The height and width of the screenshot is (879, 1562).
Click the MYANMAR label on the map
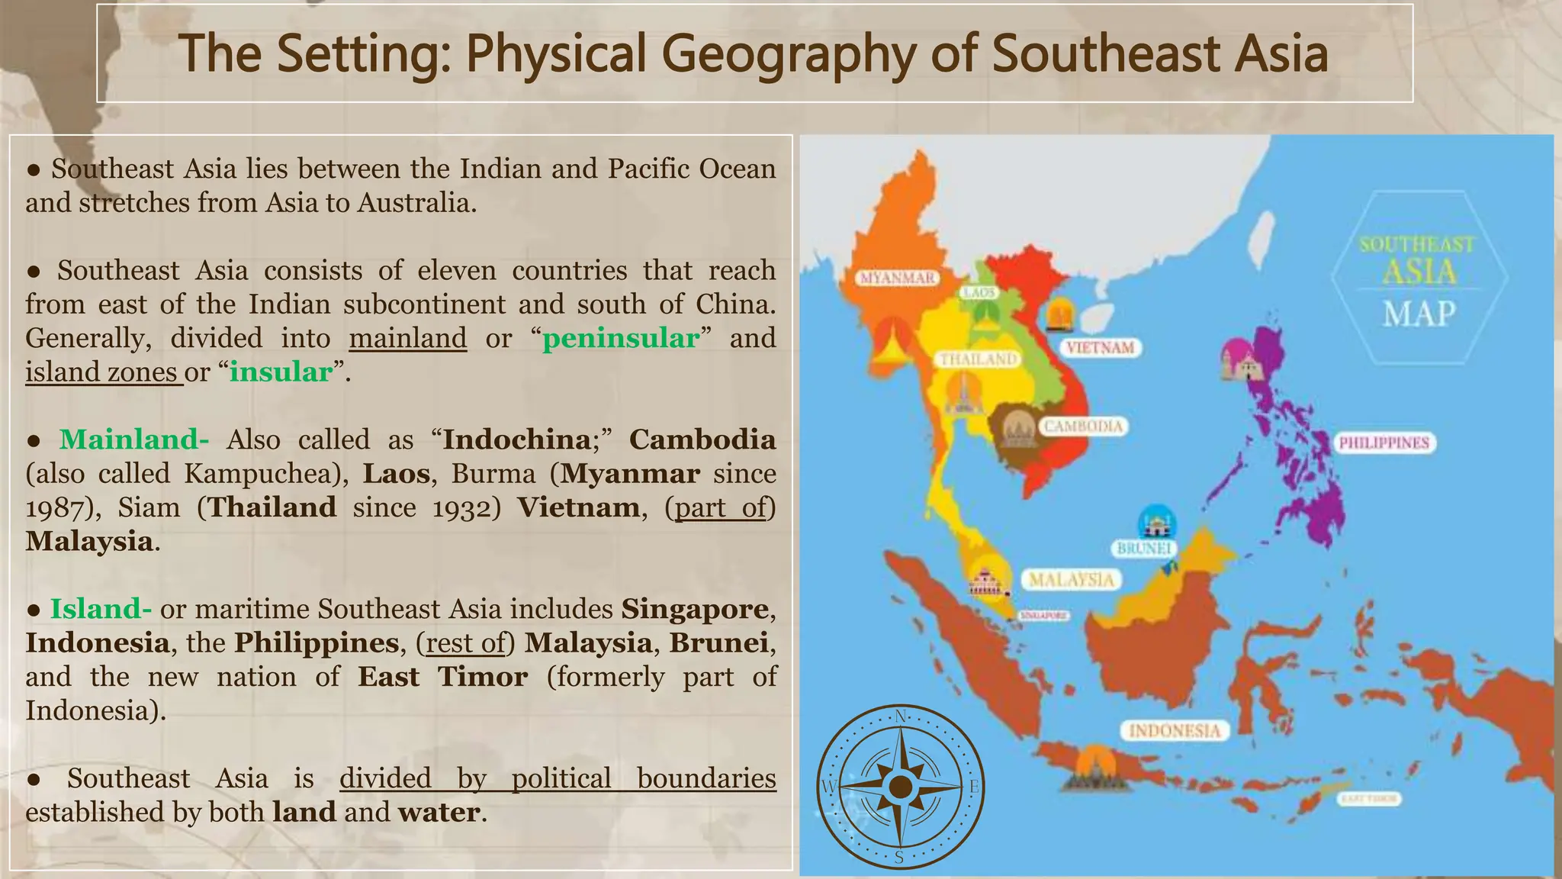[898, 278]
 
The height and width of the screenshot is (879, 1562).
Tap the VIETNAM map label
[1100, 348]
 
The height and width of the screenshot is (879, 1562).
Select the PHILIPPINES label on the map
[1384, 443]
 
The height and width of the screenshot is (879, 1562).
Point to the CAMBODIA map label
[1083, 426]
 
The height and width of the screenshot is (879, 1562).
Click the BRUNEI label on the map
[1143, 549]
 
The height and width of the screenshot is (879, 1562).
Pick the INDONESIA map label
[1175, 731]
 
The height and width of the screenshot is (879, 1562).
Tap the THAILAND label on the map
[979, 359]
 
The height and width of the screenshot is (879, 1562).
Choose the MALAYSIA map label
[1072, 580]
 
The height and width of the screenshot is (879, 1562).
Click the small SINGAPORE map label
[1044, 616]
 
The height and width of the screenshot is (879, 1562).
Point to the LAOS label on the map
[979, 293]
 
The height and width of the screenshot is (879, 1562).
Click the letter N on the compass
[901, 716]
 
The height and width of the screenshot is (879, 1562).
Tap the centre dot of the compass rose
[901, 787]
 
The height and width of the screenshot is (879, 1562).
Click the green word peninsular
[620, 338]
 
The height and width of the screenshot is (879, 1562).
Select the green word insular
[281, 372]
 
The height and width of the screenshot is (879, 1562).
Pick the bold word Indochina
[516, 439]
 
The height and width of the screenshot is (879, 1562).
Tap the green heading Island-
[101, 609]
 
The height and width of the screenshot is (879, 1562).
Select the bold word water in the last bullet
[439, 812]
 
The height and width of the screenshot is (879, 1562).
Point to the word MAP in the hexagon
[1419, 314]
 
